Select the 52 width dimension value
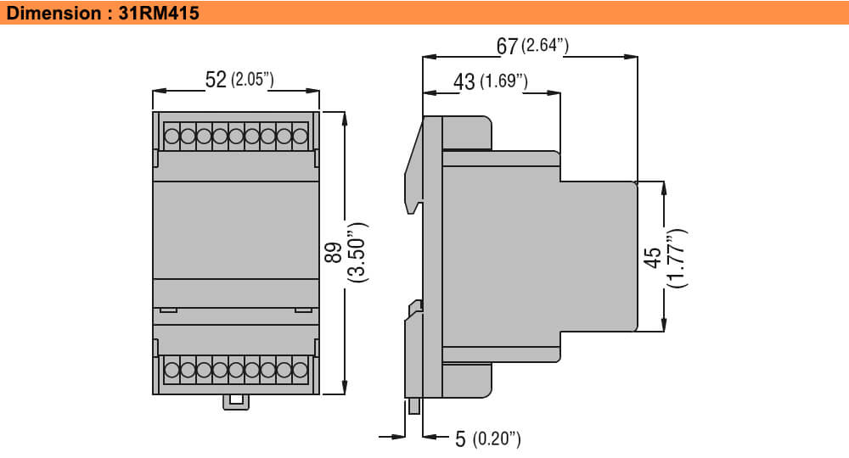[216, 80]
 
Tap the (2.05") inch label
[252, 80]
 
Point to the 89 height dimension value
[334, 252]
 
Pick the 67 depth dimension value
[507, 46]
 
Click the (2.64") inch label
[545, 45]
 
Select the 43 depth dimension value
[464, 81]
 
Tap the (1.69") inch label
[504, 81]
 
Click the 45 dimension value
[654, 258]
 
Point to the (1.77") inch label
[678, 258]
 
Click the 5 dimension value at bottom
[460, 438]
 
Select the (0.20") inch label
[496, 438]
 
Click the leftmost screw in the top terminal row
[172, 136]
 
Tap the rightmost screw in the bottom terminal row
[300, 370]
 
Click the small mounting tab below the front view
[235, 401]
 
